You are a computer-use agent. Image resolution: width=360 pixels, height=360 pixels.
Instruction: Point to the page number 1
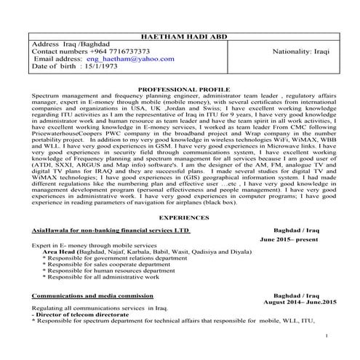328,335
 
